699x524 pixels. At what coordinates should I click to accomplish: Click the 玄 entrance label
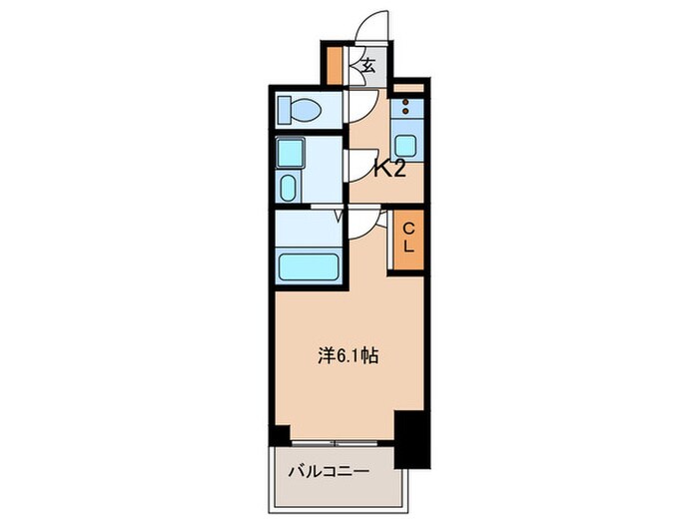[366, 67]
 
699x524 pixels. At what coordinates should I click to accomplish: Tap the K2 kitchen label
[389, 168]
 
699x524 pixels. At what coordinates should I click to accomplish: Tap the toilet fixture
[299, 107]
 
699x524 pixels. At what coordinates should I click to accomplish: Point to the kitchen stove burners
[407, 105]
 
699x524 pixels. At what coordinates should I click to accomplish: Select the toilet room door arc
[361, 104]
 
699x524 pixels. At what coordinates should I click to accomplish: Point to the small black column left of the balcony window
[282, 435]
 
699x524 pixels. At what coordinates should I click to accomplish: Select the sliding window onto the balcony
[338, 440]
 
